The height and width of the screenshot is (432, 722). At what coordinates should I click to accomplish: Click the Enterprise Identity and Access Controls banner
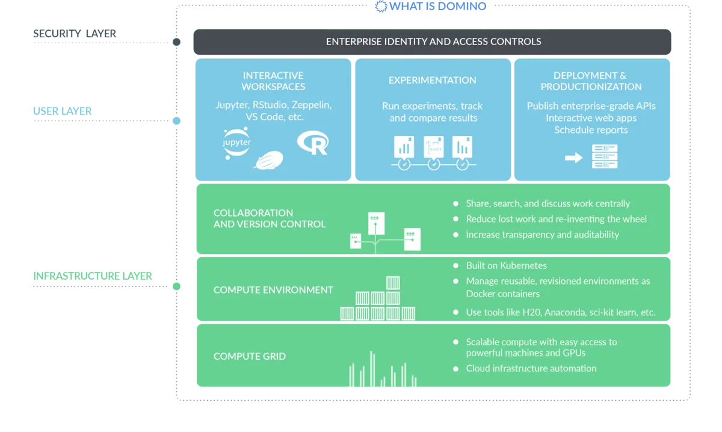433,42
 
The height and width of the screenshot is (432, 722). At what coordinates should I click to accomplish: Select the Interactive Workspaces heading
273,81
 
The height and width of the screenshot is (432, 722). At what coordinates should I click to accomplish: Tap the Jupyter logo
236,142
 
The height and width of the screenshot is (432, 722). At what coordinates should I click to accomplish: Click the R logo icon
313,143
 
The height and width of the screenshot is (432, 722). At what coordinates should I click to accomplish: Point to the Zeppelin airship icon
269,160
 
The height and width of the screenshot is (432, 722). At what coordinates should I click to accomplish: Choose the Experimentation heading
432,80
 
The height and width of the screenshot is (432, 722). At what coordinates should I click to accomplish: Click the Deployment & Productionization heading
590,81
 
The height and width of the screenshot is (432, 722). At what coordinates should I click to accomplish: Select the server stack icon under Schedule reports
604,156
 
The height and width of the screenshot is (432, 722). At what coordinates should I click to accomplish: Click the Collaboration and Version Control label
270,218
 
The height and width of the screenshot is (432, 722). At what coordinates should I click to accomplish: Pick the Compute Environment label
273,290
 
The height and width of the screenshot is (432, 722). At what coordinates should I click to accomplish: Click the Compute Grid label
250,356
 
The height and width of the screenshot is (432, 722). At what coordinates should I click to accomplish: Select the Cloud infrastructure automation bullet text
531,368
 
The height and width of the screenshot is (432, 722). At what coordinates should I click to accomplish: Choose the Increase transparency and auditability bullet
542,235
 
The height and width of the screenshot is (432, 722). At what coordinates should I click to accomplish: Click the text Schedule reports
591,130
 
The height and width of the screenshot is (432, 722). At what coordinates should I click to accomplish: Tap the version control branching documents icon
385,232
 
